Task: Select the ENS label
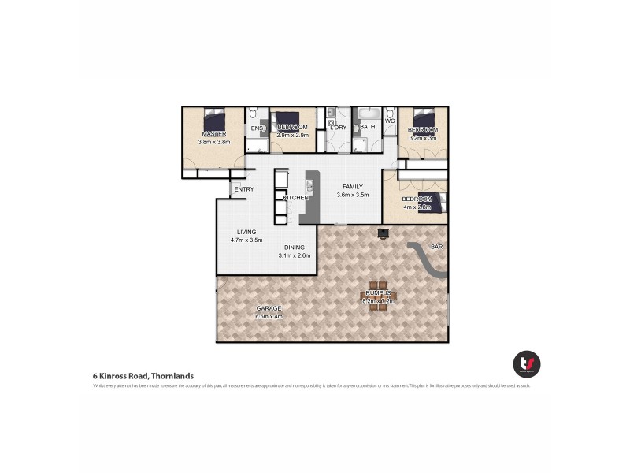[256, 128]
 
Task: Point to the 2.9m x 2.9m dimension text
[292, 136]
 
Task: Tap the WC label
[390, 121]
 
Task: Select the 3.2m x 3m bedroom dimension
[423, 138]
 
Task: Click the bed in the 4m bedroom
[434, 203]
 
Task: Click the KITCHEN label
[295, 197]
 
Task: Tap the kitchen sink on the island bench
[310, 187]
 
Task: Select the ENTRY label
[243, 189]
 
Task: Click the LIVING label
[246, 232]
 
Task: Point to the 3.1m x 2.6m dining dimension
[295, 255]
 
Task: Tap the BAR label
[437, 247]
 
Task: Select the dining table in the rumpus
[378, 295]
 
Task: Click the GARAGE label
[268, 308]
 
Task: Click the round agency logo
[526, 363]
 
